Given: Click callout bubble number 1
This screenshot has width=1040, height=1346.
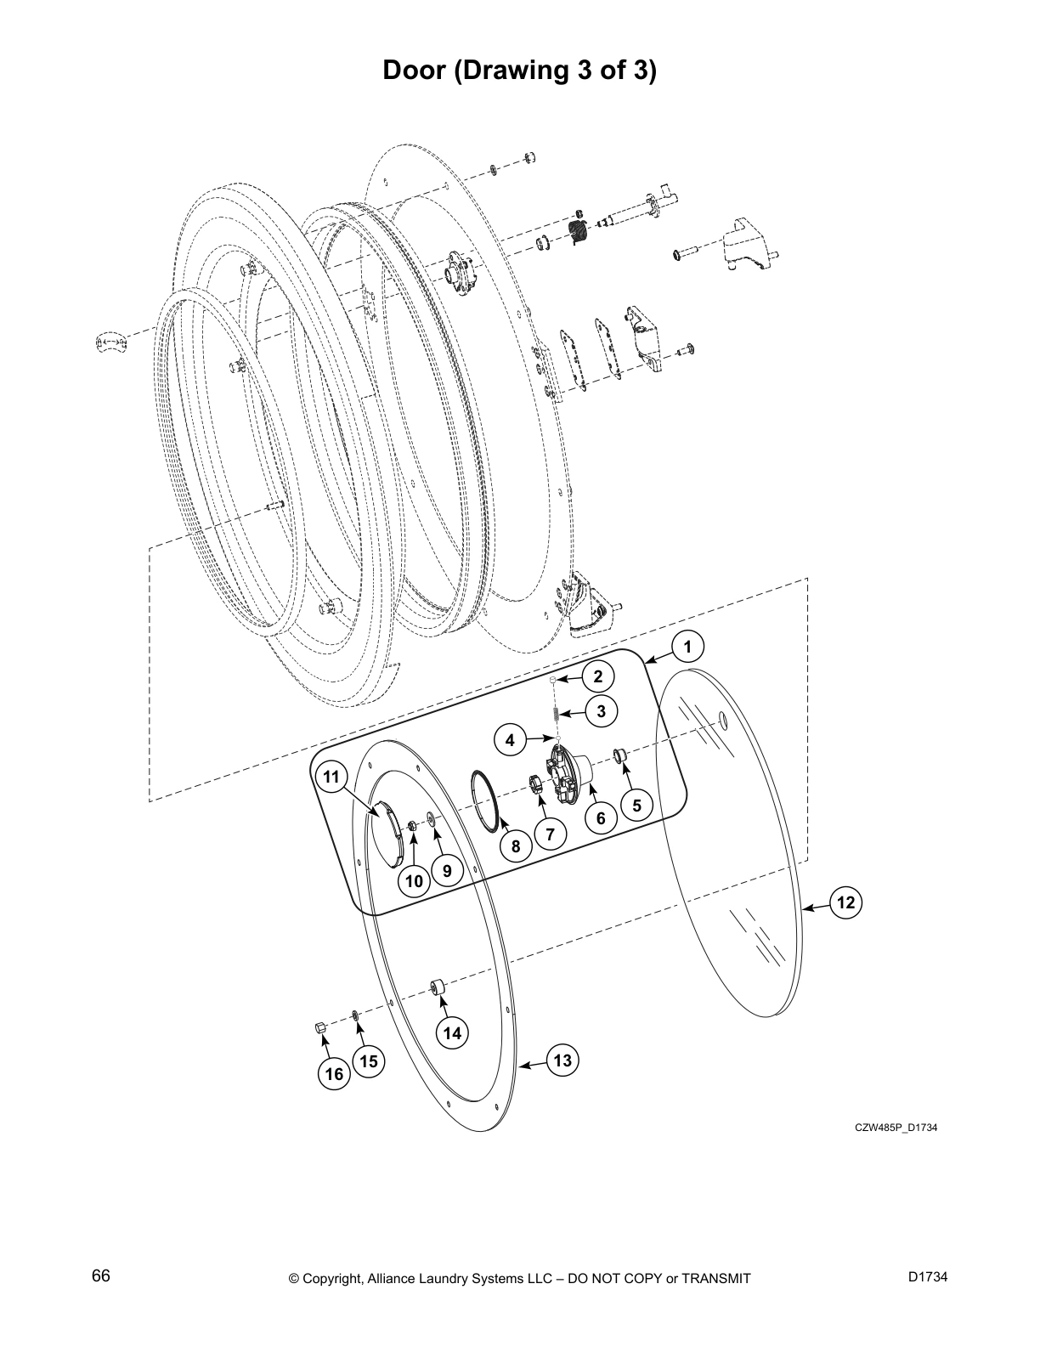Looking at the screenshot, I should pos(687,648).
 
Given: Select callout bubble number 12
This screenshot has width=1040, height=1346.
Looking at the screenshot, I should pos(845,902).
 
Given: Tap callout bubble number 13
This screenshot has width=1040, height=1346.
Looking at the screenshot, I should pos(562,1060).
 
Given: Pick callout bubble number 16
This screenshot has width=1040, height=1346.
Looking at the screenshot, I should pos(335,1074).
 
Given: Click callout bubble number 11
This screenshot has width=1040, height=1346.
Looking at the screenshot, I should pos(331,777).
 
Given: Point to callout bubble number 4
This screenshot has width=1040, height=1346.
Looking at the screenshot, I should pos(510,740).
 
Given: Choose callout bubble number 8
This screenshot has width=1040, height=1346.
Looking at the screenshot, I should pos(516,845).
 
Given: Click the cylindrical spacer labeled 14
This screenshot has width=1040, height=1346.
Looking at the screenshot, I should pos(438,988).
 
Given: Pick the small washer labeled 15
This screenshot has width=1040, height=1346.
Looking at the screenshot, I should pos(355,1015).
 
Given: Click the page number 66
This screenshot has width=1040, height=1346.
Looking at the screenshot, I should pos(101,1277).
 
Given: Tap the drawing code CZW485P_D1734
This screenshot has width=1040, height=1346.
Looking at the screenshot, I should pos(896,1128).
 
